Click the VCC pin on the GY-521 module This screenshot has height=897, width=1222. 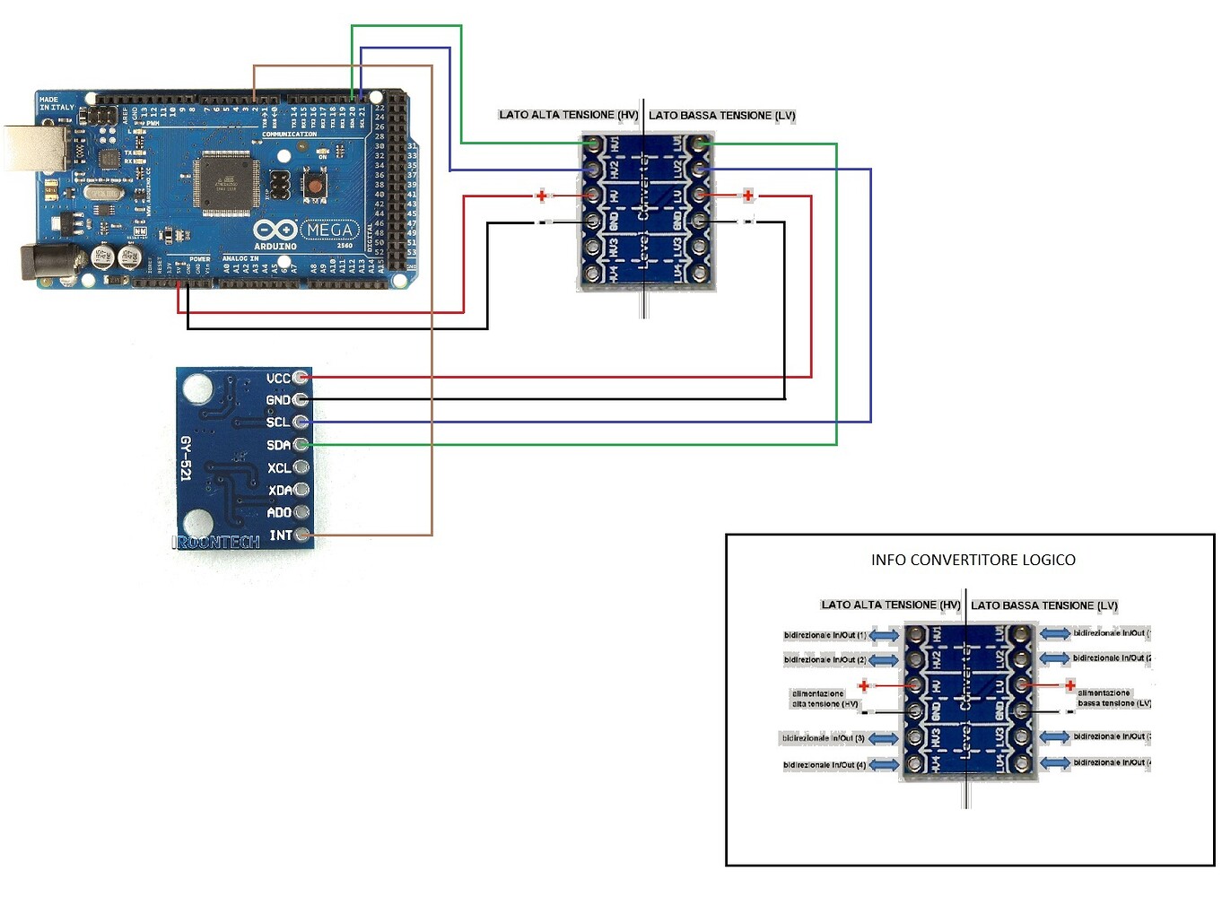click(x=301, y=378)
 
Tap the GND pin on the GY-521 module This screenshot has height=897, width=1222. click(x=301, y=400)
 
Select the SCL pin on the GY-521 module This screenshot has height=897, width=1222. click(x=301, y=422)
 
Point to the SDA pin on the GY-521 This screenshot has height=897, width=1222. click(x=301, y=444)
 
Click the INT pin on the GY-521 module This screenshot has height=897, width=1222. click(x=302, y=535)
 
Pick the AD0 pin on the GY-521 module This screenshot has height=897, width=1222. click(x=301, y=512)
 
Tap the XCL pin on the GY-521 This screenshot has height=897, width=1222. click(x=301, y=467)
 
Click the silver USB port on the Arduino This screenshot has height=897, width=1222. click(x=36, y=149)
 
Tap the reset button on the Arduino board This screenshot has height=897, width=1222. click(x=314, y=186)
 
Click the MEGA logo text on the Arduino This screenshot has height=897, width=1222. click(x=329, y=231)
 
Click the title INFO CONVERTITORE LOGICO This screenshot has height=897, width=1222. click(x=973, y=560)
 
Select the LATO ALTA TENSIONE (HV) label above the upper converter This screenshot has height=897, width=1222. click(x=568, y=115)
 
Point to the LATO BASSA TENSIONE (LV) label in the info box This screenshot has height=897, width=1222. click(x=1044, y=605)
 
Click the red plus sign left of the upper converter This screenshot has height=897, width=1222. click(x=541, y=196)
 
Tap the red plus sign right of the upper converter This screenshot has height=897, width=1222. click(x=747, y=196)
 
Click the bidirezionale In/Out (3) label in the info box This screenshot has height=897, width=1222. click(x=823, y=738)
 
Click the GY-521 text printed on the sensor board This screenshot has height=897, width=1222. click(x=186, y=458)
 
